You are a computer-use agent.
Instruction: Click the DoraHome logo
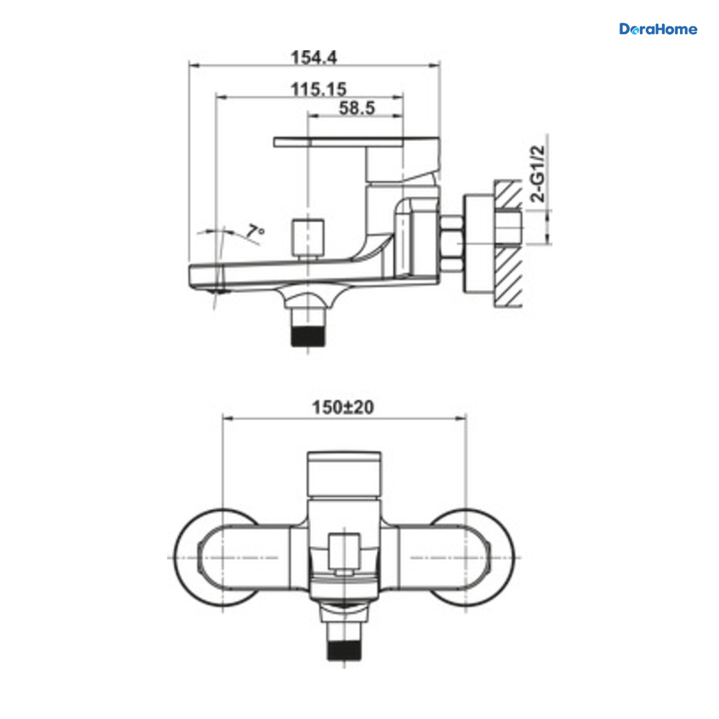(x=658, y=29)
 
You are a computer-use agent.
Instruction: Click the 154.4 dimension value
(x=314, y=58)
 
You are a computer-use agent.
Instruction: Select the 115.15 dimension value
(x=319, y=89)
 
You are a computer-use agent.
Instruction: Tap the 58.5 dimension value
(x=357, y=108)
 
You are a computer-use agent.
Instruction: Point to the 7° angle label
(x=255, y=231)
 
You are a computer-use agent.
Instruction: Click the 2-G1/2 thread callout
(x=537, y=174)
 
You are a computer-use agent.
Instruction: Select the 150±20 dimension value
(x=343, y=407)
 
